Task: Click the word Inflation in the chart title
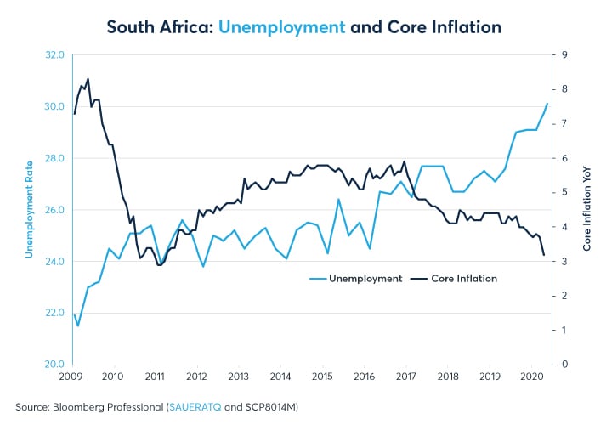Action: tap(466, 26)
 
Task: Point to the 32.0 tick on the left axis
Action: tap(54, 55)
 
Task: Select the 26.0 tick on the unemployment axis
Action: tap(54, 210)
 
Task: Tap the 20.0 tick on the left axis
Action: tap(54, 365)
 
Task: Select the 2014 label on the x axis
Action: tap(280, 375)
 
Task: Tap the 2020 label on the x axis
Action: tap(530, 375)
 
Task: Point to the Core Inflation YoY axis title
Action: tap(586, 210)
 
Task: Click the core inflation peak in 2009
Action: tap(88, 79)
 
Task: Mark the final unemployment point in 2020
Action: tap(547, 104)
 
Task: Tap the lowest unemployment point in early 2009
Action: tap(78, 326)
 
